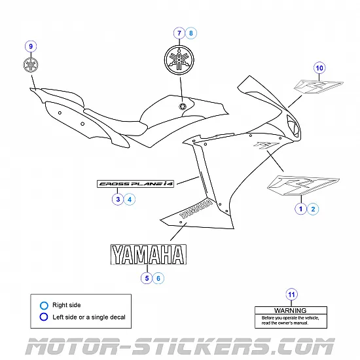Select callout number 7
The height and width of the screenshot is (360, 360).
(178, 32)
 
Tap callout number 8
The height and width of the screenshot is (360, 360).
(190, 32)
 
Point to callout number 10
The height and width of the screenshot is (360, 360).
(319, 68)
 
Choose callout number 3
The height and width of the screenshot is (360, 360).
(117, 199)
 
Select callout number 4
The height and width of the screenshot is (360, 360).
(130, 199)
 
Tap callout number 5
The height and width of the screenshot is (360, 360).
(147, 278)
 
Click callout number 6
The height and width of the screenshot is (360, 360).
(160, 278)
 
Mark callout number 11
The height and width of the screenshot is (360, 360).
(291, 293)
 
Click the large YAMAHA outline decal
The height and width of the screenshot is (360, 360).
(147, 255)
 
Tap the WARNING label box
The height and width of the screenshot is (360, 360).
(290, 315)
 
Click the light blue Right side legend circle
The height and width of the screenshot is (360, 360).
(44, 305)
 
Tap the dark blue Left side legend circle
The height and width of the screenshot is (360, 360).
(44, 317)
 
